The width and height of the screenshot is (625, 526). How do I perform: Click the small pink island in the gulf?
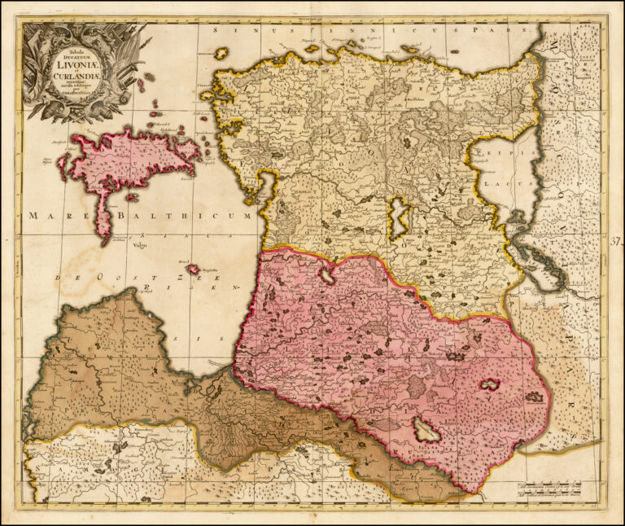(x=193, y=269)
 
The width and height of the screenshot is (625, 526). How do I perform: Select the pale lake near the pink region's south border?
(x=426, y=431)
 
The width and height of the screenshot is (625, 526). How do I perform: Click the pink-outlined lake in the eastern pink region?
(x=490, y=384)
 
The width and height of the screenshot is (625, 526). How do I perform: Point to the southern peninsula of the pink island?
(x=104, y=220)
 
